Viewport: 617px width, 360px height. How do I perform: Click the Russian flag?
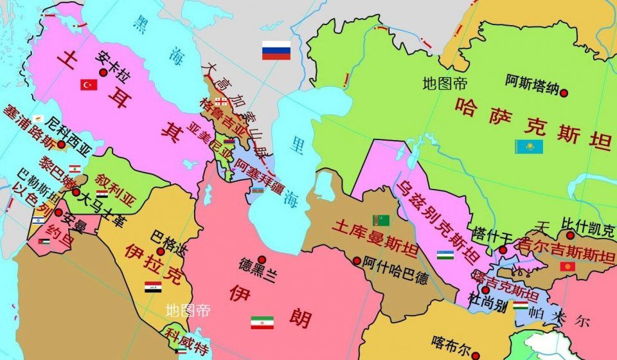pos(276,50)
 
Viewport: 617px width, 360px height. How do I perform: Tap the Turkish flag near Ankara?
pos(89,84)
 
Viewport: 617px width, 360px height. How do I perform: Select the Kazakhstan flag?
pos(528,147)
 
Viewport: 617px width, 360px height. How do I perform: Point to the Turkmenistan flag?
pos(381,221)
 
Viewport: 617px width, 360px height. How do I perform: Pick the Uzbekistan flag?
pos(445,255)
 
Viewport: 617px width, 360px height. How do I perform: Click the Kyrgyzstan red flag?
pos(567,266)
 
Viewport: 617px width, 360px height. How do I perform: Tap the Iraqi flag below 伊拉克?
pos(153,287)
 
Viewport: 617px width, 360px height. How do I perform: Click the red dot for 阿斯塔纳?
pos(564,93)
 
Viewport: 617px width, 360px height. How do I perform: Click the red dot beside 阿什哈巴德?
pos(357,260)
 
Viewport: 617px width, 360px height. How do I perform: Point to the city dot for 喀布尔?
pos(475,354)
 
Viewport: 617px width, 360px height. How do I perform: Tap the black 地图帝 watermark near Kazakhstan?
pos(445,83)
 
